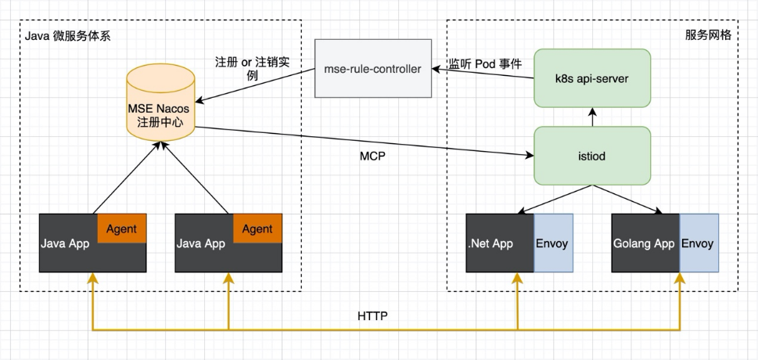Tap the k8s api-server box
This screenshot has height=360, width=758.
[x=591, y=78]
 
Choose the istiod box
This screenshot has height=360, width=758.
[x=591, y=157]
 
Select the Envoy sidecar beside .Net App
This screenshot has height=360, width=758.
[x=553, y=243]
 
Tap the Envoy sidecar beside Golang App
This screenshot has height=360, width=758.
[x=697, y=243]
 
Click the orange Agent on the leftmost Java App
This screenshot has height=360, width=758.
[x=122, y=229]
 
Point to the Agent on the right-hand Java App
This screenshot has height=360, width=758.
[x=257, y=229]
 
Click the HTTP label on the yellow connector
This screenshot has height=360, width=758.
[x=373, y=316]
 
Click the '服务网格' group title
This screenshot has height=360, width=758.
[x=708, y=36]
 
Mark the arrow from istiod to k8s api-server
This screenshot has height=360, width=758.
[x=592, y=117]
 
